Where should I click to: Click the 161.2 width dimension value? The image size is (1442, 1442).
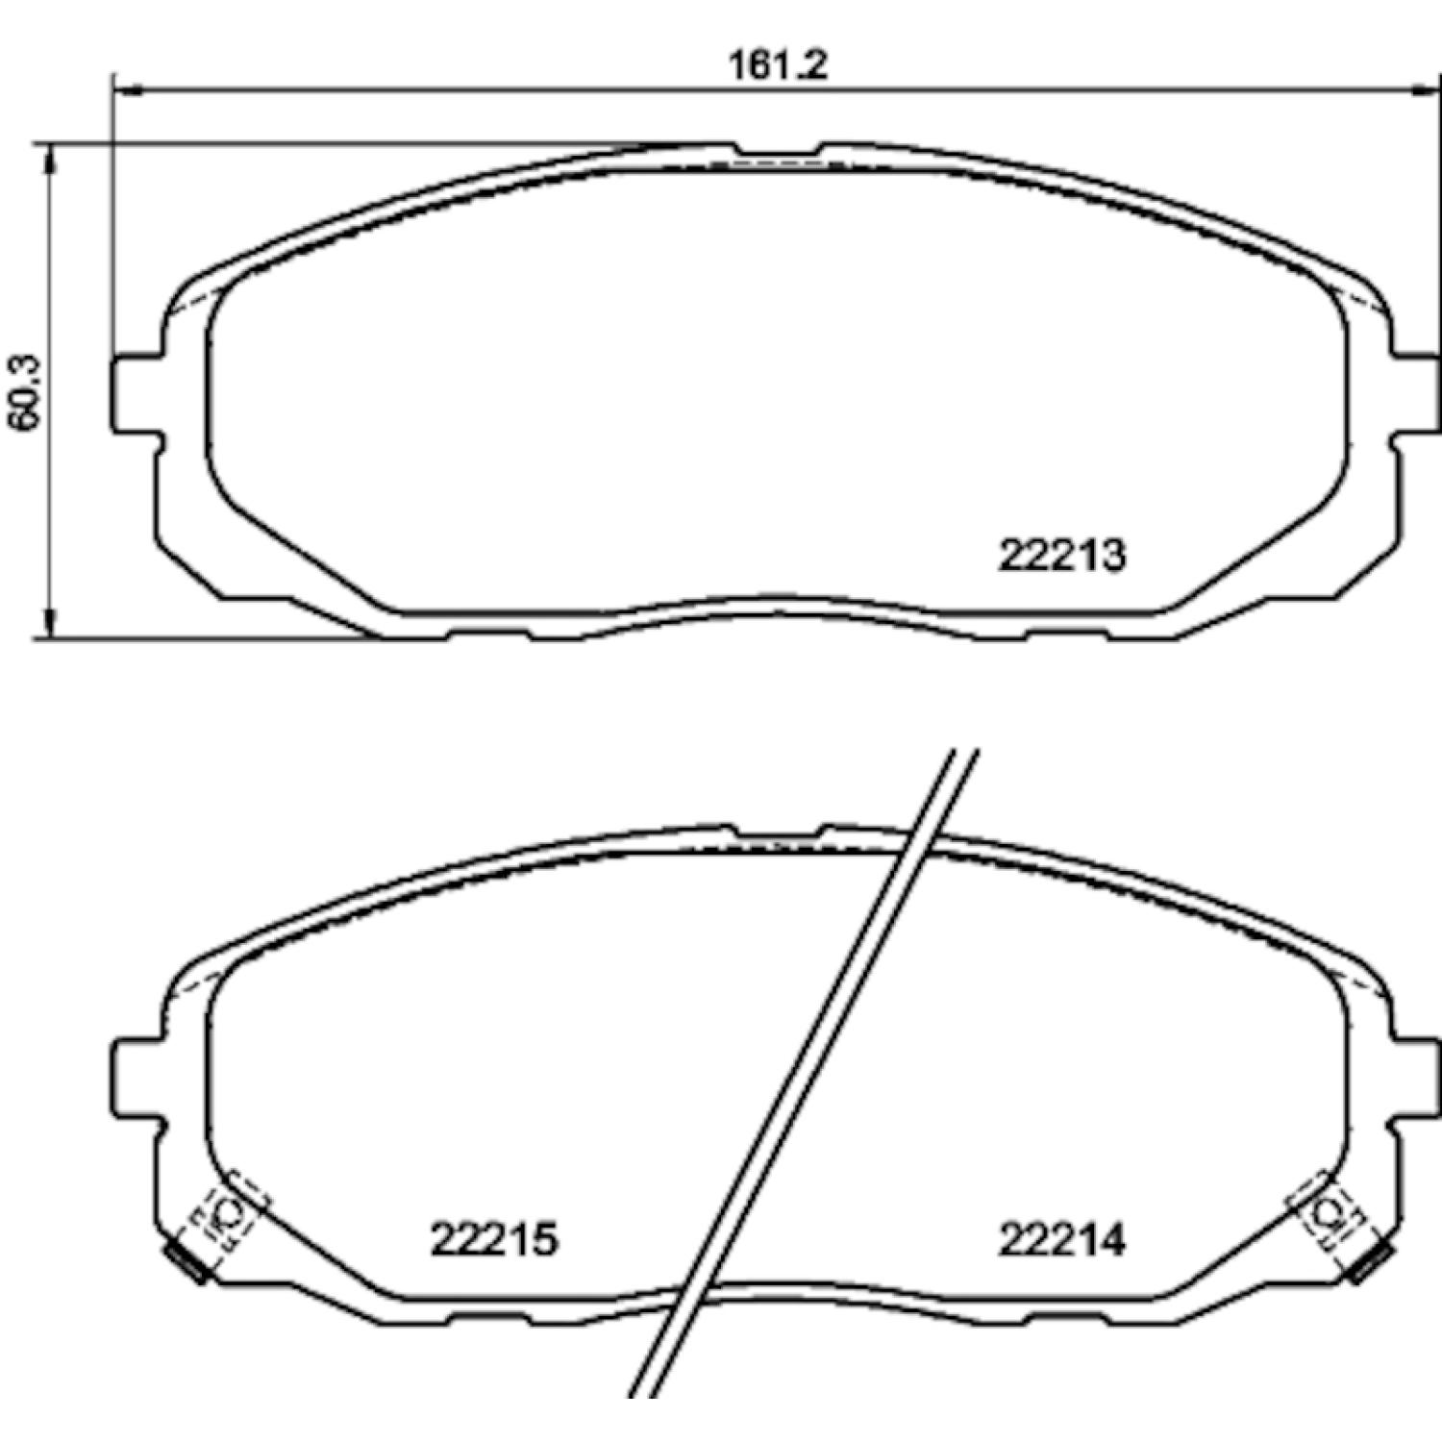[778, 65]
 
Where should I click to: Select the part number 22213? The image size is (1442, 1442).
[1061, 556]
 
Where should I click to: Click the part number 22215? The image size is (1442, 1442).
[494, 1239]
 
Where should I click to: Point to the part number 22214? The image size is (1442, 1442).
[1061, 1239]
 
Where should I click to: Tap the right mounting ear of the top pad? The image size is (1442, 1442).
[1416, 394]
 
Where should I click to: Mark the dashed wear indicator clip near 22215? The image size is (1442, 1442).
[228, 1214]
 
